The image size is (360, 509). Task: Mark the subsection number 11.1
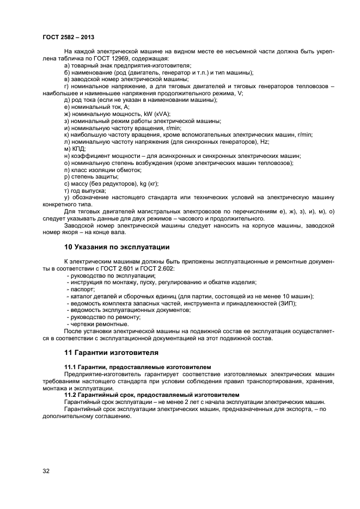tap(71, 368)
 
